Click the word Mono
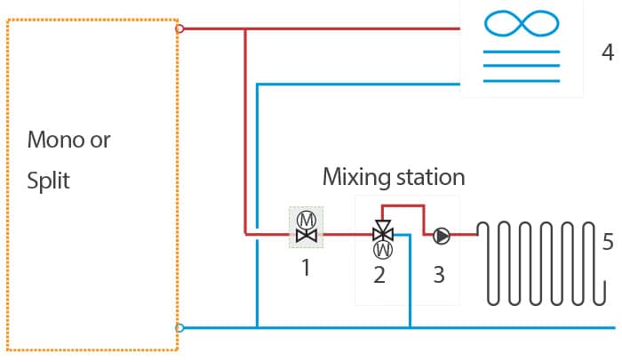(x=55, y=140)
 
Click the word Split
(x=48, y=181)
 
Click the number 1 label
(x=306, y=268)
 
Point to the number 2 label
(x=379, y=274)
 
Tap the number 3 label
(x=439, y=274)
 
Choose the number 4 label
(x=608, y=52)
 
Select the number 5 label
(x=608, y=241)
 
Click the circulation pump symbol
(x=441, y=236)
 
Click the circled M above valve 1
(x=307, y=220)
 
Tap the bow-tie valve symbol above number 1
(x=307, y=236)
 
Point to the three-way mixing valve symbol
(x=383, y=231)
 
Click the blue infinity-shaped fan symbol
(x=522, y=23)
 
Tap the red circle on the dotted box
(x=179, y=28)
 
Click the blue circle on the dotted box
(x=179, y=328)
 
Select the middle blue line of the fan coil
(x=522, y=66)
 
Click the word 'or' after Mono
(x=100, y=141)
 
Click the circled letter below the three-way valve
(x=383, y=250)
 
